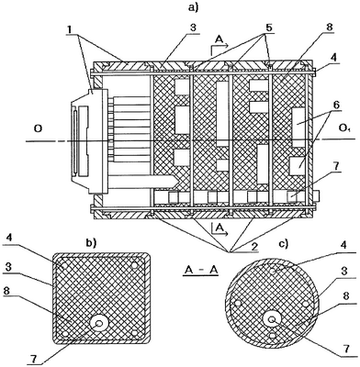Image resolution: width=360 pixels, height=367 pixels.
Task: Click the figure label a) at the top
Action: click(193, 7)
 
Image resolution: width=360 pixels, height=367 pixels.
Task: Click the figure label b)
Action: click(91, 243)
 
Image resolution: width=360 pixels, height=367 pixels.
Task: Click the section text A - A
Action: click(200, 271)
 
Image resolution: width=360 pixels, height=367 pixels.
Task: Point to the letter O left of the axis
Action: click(38, 129)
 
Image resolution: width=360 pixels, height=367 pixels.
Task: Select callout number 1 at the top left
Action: click(70, 29)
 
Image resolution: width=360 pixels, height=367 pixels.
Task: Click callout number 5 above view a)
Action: click(269, 28)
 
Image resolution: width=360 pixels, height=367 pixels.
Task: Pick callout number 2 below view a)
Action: click(253, 247)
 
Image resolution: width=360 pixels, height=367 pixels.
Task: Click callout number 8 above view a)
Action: click(330, 27)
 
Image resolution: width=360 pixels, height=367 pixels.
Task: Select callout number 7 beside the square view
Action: click(34, 358)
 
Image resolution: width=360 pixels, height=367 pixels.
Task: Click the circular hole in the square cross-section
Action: click(98, 323)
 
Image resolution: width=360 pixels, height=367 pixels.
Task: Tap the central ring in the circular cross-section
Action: click(271, 319)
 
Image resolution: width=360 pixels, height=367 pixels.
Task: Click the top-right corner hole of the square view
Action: click(134, 265)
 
